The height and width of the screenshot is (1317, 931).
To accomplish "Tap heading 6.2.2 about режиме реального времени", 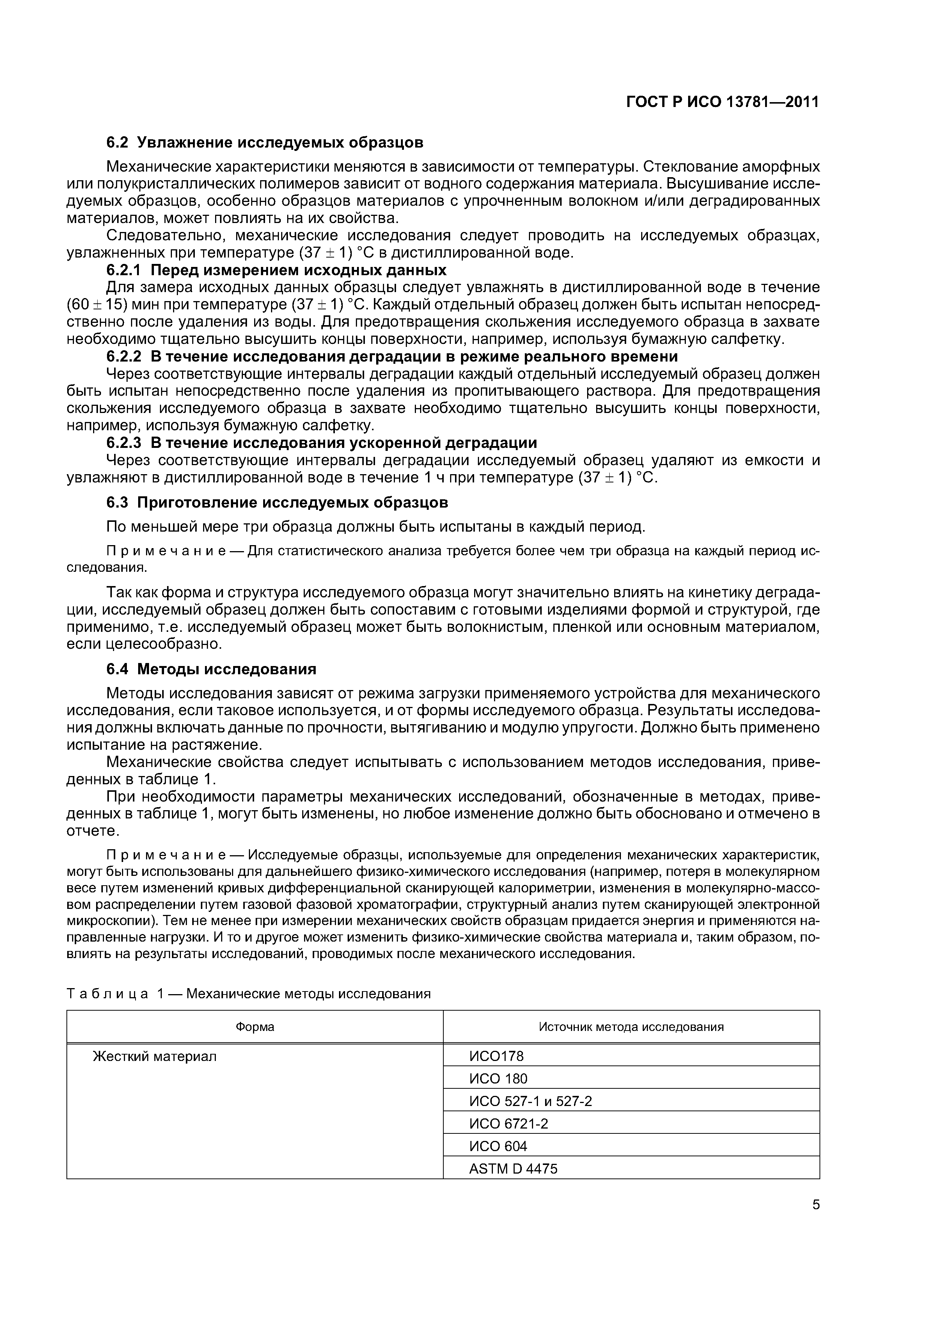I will click(392, 356).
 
